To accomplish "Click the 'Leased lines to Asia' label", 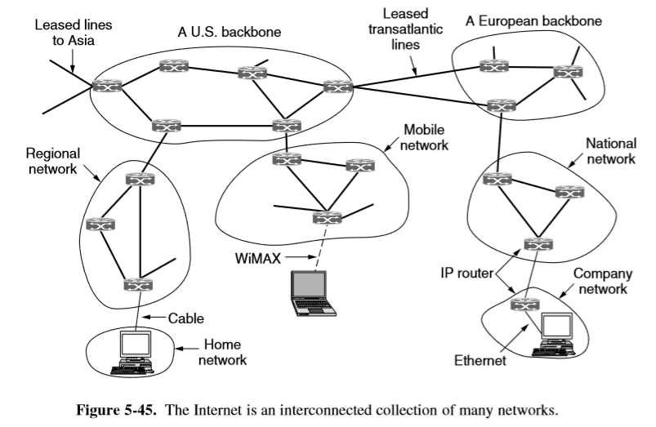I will click(x=74, y=33).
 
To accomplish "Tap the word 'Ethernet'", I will click(x=481, y=358).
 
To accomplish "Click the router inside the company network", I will click(x=520, y=305).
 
